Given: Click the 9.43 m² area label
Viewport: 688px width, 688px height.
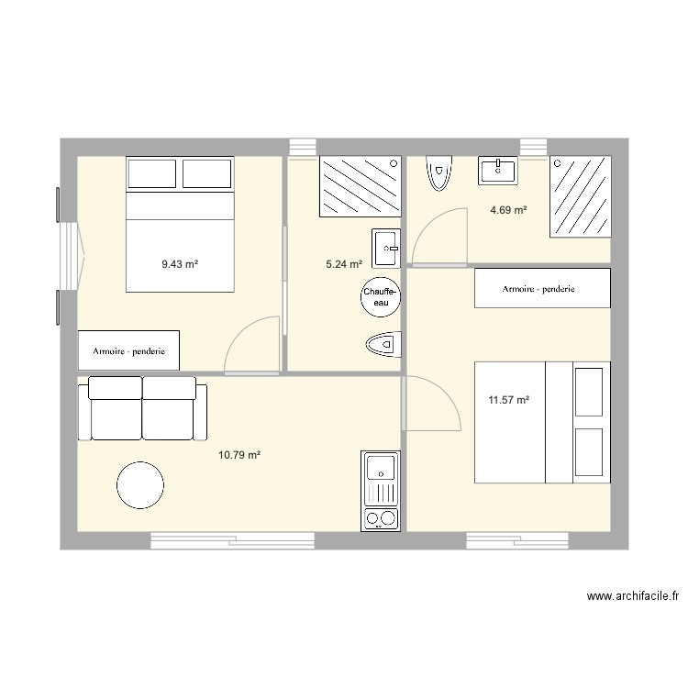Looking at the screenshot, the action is tap(180, 264).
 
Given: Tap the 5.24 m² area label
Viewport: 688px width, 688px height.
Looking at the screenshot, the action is tap(344, 263).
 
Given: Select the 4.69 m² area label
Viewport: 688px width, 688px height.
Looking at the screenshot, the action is tap(508, 210).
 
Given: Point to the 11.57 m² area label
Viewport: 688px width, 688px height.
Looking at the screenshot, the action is tap(508, 400).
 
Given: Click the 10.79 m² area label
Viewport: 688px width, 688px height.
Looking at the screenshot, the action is tap(239, 455).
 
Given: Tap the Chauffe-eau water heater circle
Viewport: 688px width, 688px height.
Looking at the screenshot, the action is tap(381, 297).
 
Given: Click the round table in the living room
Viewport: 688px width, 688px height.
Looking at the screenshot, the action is tap(140, 485).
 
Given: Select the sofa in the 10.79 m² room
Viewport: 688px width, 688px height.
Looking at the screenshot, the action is tap(142, 408).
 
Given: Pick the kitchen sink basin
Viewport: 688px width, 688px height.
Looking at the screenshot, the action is tap(381, 468).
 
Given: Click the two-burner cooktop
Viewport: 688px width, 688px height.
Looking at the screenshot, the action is tap(381, 518).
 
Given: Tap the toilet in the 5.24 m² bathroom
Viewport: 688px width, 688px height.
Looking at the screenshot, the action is tap(383, 344).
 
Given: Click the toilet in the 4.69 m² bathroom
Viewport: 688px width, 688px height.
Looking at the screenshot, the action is tap(438, 172).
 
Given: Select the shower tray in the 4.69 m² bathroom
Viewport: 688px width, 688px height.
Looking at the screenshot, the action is tap(581, 196).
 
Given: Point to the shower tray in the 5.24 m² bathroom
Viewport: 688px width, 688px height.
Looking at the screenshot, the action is tap(361, 186).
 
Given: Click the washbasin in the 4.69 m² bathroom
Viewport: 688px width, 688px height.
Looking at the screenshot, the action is tap(497, 171).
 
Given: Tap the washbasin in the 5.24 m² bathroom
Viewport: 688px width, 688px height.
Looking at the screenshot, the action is tap(386, 249).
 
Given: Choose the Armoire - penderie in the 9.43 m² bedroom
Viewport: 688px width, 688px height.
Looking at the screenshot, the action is tap(128, 350).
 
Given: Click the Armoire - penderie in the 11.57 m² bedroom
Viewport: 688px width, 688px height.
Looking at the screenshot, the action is tap(542, 288).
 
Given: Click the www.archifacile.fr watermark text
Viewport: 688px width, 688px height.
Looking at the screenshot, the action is tap(633, 596).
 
